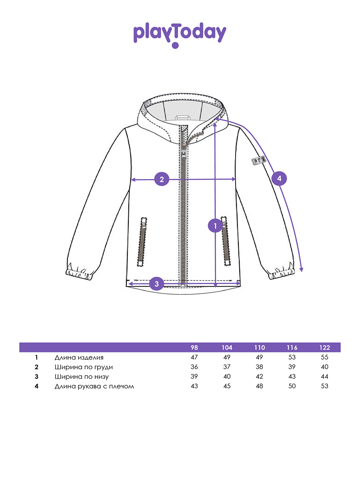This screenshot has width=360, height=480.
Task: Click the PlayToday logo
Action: pos(180,35)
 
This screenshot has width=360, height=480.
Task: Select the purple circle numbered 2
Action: pos(162,179)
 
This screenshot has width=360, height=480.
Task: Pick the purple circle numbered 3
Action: pos(157,284)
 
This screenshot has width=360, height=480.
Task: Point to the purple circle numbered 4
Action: pos(279,178)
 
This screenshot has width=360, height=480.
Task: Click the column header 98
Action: pos(194,347)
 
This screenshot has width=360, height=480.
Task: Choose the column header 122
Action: pos(324,347)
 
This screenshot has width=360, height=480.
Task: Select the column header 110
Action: pos(259,347)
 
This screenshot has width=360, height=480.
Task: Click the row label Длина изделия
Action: pos(79,357)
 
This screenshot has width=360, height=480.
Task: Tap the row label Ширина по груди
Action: pos(84,367)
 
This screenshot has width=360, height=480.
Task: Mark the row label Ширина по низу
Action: pos(82,376)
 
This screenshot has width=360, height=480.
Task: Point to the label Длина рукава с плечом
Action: pos(94,386)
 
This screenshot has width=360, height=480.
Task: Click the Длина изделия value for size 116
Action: pos(292,357)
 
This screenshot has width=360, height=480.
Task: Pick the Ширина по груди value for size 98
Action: pos(194,367)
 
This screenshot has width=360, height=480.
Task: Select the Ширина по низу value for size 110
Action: pos(259,376)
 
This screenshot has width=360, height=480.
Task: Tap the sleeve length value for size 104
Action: pos(227,386)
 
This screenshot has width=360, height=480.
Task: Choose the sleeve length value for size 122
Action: pos(324,386)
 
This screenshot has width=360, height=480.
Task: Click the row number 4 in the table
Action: pos(36,386)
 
